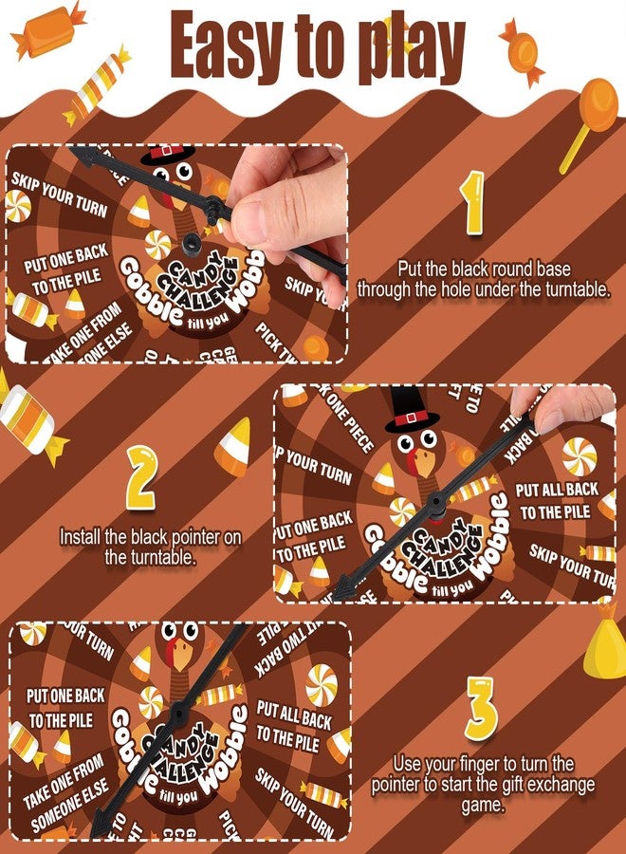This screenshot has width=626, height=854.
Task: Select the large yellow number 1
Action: pos(471,204)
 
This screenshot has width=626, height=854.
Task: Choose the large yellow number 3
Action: pos(482,707)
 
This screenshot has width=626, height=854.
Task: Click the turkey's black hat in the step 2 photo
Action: pos(407,408)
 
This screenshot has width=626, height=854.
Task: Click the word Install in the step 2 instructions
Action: pos(83,537)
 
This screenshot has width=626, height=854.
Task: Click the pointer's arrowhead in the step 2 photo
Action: pos(343,588)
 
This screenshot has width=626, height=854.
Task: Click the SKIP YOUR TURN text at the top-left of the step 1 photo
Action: pos(60,193)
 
